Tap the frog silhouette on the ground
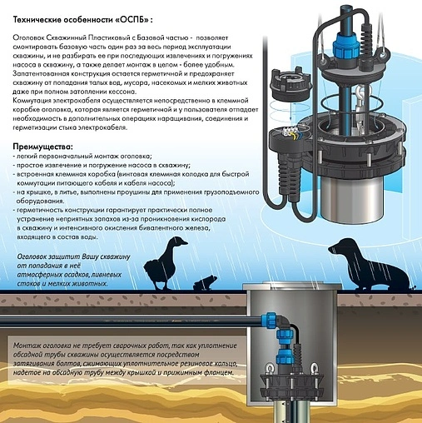(206, 283)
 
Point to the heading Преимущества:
(43, 147)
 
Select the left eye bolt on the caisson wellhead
(269, 368)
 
